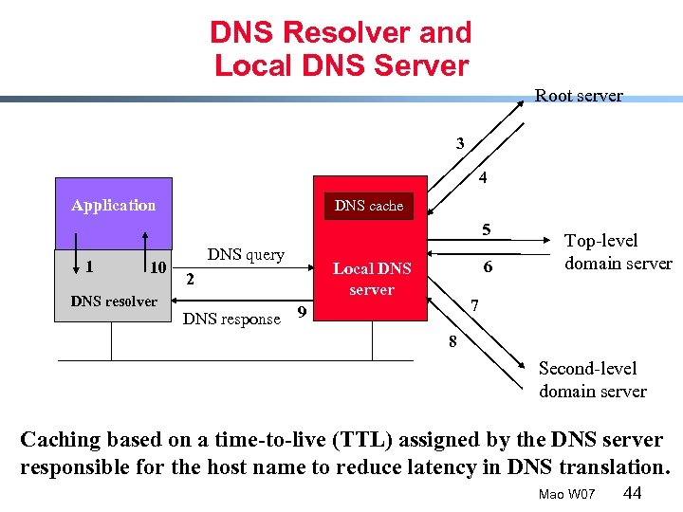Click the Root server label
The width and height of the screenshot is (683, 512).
click(579, 96)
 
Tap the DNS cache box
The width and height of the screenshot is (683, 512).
click(369, 206)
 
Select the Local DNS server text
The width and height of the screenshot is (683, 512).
click(372, 279)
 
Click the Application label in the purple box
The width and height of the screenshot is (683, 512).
click(114, 205)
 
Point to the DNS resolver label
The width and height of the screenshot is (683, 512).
click(114, 302)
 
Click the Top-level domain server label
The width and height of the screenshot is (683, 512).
click(618, 252)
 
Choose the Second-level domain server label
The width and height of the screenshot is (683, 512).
click(593, 379)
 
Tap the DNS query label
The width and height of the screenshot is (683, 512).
click(246, 254)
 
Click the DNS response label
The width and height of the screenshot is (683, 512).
click(231, 319)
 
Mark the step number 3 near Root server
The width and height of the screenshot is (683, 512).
click(460, 144)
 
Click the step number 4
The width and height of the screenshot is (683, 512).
click(483, 177)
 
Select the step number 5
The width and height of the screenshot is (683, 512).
click(486, 229)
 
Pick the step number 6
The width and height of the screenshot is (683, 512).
click(488, 267)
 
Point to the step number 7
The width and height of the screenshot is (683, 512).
click(476, 306)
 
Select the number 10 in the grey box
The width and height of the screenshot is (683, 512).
click(158, 266)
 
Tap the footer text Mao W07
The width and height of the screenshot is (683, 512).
click(566, 494)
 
